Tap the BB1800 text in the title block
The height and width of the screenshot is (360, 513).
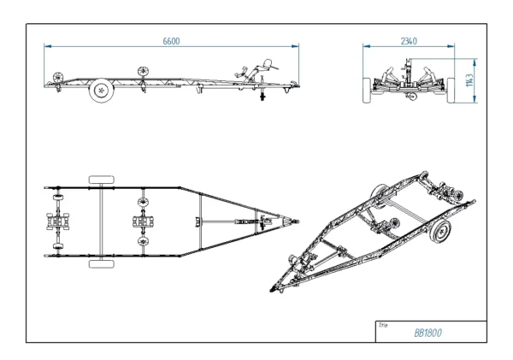[427, 333]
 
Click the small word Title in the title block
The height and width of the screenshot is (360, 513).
[383, 324]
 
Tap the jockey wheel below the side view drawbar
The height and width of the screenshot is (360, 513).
[263, 97]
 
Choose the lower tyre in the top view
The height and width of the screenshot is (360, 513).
[102, 264]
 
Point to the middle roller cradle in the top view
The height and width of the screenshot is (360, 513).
[142, 221]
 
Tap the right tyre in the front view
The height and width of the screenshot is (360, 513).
[460, 89]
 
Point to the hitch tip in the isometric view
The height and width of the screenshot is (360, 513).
[276, 289]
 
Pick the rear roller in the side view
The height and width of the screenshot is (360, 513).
[57, 76]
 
